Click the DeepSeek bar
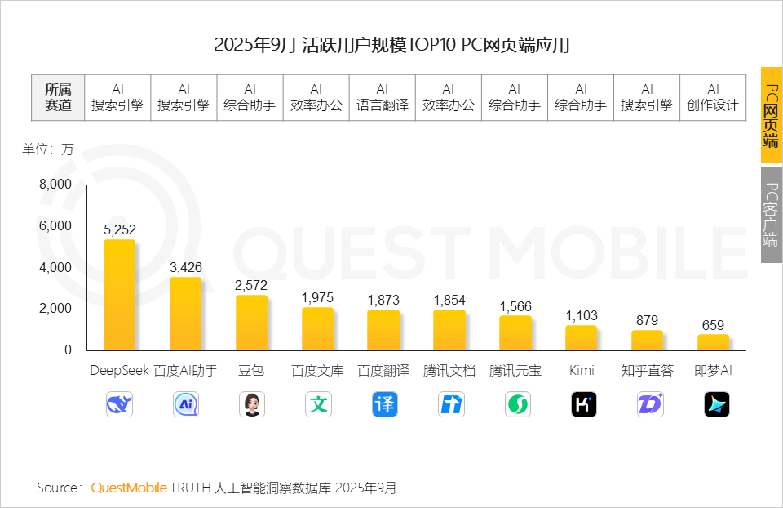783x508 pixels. pos(119,295)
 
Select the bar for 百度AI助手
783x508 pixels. pos(185,314)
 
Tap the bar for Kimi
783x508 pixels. pos(581,337)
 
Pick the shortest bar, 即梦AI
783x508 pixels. pos(713,342)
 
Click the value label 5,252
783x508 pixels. pos(119,229)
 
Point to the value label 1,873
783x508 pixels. pos(383,300)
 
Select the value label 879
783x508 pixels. pos(647,320)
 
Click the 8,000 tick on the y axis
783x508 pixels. pos(55,185)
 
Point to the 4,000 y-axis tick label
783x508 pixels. pos(55,268)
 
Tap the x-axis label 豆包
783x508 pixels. pos(251,371)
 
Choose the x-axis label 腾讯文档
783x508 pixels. pos(449,371)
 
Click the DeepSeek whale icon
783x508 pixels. pos(119,404)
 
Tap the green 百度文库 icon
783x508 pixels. pos(317,404)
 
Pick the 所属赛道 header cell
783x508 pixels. pos(58,97)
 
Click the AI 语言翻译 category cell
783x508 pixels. pos(383,97)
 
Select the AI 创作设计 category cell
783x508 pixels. pos(713,97)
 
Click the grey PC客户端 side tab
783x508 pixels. pos(771,215)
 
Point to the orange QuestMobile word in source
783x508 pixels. pos(129,488)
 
